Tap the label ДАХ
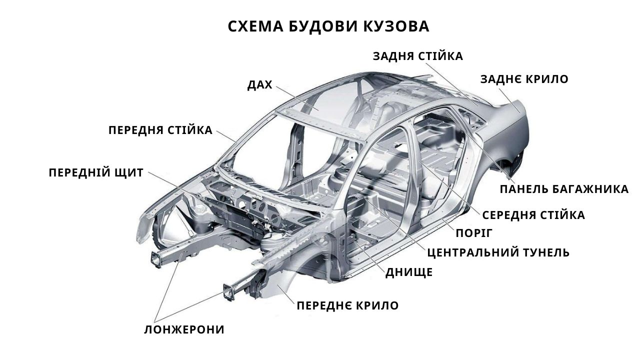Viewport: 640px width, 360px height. click(x=259, y=85)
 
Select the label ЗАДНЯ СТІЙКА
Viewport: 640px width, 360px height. click(x=417, y=56)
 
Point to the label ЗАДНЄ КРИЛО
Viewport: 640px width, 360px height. click(x=524, y=79)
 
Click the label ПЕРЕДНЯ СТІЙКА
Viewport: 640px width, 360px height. click(x=160, y=130)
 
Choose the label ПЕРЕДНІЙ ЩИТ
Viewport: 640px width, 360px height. click(x=96, y=173)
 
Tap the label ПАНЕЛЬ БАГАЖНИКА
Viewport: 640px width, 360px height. click(x=564, y=189)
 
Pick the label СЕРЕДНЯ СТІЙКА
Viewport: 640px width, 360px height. click(x=533, y=215)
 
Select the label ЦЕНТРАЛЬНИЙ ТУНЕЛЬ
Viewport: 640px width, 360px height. click(x=498, y=252)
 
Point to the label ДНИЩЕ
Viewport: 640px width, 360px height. click(x=409, y=272)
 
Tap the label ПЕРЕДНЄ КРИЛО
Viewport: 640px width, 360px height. click(x=347, y=305)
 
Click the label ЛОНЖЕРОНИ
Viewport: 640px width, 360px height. click(x=184, y=329)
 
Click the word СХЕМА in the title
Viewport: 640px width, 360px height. click(x=255, y=26)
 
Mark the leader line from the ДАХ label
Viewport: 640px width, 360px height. click(x=297, y=98)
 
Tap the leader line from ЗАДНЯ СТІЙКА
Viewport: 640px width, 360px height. click(x=452, y=84)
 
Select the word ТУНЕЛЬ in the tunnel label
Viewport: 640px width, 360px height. click(x=546, y=252)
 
